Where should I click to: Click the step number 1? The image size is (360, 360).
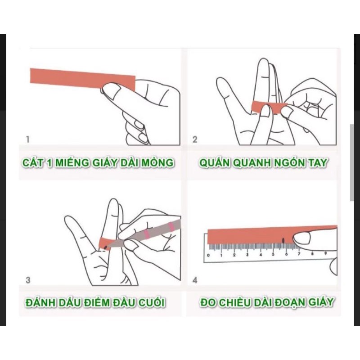(x=28, y=139)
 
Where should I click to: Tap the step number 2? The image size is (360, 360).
(x=195, y=139)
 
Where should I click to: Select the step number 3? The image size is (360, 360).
(x=28, y=280)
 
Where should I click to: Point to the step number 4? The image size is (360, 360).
(x=195, y=280)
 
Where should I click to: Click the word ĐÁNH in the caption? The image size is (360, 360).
(x=41, y=302)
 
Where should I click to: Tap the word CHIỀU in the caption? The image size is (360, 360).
(x=235, y=302)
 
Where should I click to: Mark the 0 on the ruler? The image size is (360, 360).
(x=208, y=255)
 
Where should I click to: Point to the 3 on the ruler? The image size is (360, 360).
(x=247, y=255)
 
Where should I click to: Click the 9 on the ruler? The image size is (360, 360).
(x=325, y=255)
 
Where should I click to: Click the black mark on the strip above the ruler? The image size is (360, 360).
(x=283, y=240)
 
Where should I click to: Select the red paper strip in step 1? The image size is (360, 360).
(x=81, y=79)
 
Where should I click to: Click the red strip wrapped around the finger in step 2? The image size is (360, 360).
(x=269, y=107)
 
